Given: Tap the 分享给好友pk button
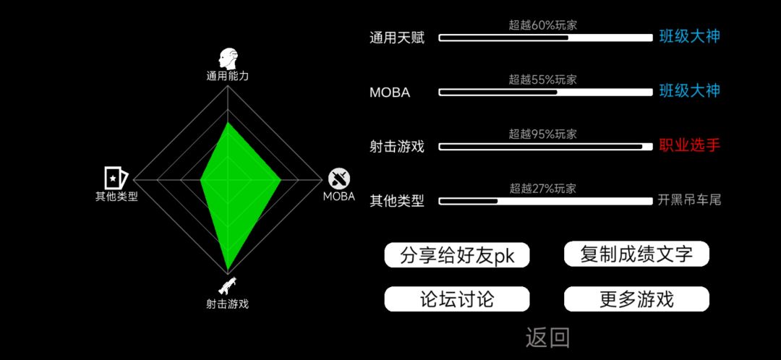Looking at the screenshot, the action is tap(457, 255).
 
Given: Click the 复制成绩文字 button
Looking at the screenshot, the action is tap(636, 254).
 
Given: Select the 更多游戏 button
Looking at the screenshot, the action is tap(636, 299).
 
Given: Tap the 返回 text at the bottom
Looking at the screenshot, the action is tap(547, 338).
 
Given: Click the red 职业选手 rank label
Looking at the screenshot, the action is tap(690, 145).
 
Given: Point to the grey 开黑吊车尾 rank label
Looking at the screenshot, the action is tap(689, 200).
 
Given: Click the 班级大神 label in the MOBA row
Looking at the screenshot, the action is tap(690, 90).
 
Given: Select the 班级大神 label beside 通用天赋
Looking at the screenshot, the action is tap(690, 36).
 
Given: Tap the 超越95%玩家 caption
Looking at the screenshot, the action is tap(542, 134).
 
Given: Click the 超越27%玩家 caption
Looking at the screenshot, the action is tap(542, 189).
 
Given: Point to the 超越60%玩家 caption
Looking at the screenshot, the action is tap(542, 25).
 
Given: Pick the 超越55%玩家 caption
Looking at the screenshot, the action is tap(542, 80).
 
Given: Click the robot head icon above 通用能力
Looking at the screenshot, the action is tap(228, 59).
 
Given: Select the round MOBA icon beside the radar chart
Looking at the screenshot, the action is tap(338, 179).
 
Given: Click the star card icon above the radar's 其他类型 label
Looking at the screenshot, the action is tap(116, 178).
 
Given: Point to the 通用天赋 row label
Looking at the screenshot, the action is tap(397, 38).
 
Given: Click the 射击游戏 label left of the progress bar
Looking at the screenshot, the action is tap(397, 147).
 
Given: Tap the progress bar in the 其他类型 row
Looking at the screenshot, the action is tap(545, 201).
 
